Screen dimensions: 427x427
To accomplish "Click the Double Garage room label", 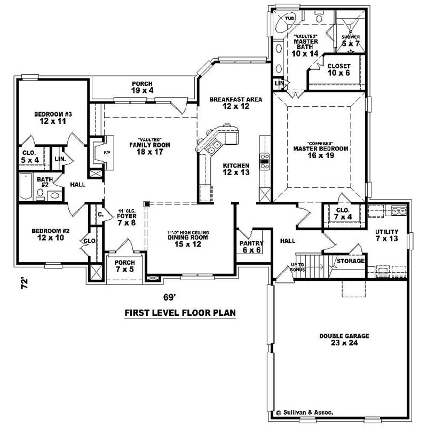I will (x=336, y=339).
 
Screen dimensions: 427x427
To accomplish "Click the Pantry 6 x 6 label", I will (x=249, y=247).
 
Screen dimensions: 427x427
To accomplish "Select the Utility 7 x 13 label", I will (x=387, y=235).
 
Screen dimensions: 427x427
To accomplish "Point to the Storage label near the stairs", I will (x=350, y=261).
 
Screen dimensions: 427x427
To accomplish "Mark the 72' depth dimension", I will (x=23, y=283).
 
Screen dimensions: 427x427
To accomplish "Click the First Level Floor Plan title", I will (x=180, y=313).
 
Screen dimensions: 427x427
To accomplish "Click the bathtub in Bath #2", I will (x=25, y=188).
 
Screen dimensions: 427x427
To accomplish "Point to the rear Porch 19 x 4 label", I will (x=143, y=88).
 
